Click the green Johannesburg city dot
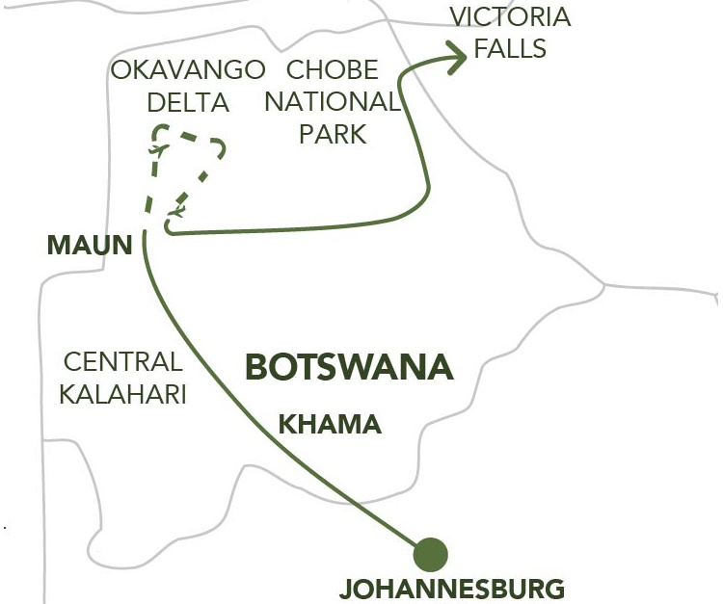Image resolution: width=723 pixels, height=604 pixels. pyautogui.click(x=430, y=555)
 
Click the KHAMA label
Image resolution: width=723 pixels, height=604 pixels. pyautogui.click(x=330, y=424)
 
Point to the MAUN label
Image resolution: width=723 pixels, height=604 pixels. pyautogui.click(x=89, y=245)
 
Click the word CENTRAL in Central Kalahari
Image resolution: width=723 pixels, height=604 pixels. pyautogui.click(x=122, y=363)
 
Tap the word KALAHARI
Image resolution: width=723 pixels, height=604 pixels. pyautogui.click(x=122, y=395)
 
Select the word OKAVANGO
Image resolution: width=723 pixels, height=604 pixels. pyautogui.click(x=188, y=70)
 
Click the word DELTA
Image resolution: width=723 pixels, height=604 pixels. pyautogui.click(x=189, y=102)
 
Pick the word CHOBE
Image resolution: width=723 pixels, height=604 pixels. pyautogui.click(x=333, y=70)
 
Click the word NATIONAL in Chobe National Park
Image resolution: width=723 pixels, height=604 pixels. pyautogui.click(x=333, y=102)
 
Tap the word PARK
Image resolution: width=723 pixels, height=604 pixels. pyautogui.click(x=333, y=134)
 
